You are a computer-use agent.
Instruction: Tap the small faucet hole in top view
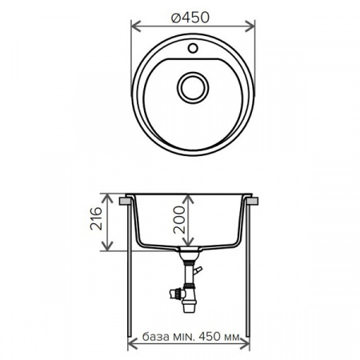pyautogui.click(x=192, y=50)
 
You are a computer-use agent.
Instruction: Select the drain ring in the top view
pyautogui.click(x=192, y=86)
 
